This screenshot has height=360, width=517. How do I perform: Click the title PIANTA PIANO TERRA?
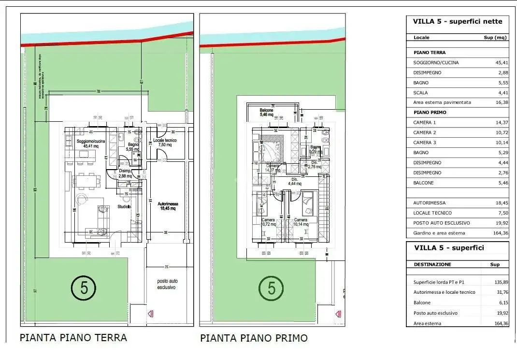[x=73, y=337]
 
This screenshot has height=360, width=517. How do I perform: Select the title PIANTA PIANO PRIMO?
[x=254, y=338]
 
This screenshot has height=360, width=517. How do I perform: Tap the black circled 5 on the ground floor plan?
[x=84, y=288]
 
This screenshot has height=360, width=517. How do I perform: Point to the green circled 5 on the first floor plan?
[x=272, y=288]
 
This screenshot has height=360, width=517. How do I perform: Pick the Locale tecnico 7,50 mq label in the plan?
[x=165, y=143]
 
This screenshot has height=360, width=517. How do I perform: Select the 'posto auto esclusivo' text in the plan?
[x=166, y=284]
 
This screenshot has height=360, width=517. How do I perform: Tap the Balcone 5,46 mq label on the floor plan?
[x=267, y=112]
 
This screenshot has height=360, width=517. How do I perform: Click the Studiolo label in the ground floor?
[x=124, y=207]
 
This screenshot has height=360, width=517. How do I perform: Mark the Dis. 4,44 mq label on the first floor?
[x=295, y=181]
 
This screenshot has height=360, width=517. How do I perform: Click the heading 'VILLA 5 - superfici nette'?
[x=457, y=21]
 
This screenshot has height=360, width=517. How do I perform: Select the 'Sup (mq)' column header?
[x=495, y=37]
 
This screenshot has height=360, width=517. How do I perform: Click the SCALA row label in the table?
[x=420, y=93]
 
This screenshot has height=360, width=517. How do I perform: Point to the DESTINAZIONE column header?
[x=432, y=264]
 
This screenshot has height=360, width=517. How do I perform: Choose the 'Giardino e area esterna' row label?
[x=439, y=233]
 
